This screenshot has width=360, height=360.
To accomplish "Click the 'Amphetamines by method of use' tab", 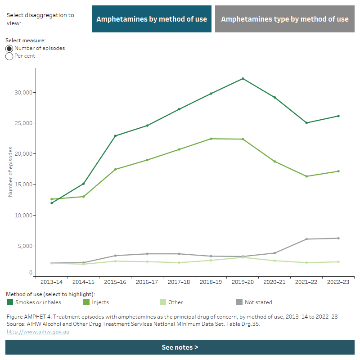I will [x=152, y=19].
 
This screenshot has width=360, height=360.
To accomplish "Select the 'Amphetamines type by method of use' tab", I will [x=285, y=19].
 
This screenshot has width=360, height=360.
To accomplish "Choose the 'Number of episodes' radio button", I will [x=9, y=49].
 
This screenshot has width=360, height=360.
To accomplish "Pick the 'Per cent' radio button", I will [x=9, y=56].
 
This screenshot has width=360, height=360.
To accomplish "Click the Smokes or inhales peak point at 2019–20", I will [x=243, y=79].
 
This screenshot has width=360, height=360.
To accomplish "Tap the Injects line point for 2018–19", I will [x=211, y=139].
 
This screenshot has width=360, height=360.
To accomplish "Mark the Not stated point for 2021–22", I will [x=306, y=239].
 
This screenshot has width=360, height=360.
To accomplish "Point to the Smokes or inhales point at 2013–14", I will [x=52, y=203].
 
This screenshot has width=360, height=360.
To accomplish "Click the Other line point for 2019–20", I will [x=243, y=257].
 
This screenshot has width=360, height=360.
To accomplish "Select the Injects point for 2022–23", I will [x=338, y=171].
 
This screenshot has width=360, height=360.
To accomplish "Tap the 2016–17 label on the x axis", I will [x=147, y=282].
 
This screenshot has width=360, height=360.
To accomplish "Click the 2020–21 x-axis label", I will [x=274, y=282].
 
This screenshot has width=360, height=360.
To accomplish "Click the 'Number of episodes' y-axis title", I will [x=10, y=171].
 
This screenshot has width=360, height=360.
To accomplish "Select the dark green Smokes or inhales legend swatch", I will [x=10, y=302].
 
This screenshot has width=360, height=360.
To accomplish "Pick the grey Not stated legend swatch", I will [x=239, y=302].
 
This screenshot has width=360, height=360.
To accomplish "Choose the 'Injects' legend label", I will [x=100, y=302].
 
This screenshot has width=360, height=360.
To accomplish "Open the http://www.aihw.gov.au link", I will [x=38, y=332].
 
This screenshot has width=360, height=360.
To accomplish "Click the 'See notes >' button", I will [x=180, y=347].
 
